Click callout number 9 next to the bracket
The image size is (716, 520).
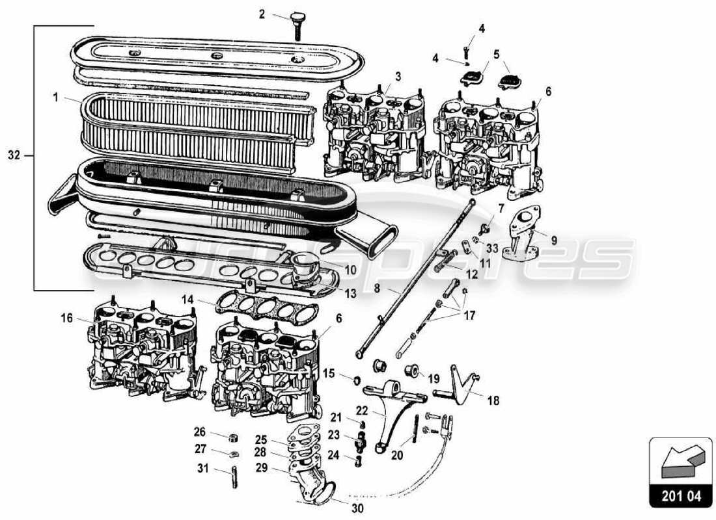click(554, 240)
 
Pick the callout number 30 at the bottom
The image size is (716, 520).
click(357, 508)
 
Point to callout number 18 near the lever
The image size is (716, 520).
click(493, 401)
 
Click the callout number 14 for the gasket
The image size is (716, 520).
click(188, 300)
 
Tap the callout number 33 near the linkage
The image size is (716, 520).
click(491, 248)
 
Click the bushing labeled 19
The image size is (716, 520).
click(411, 372)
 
